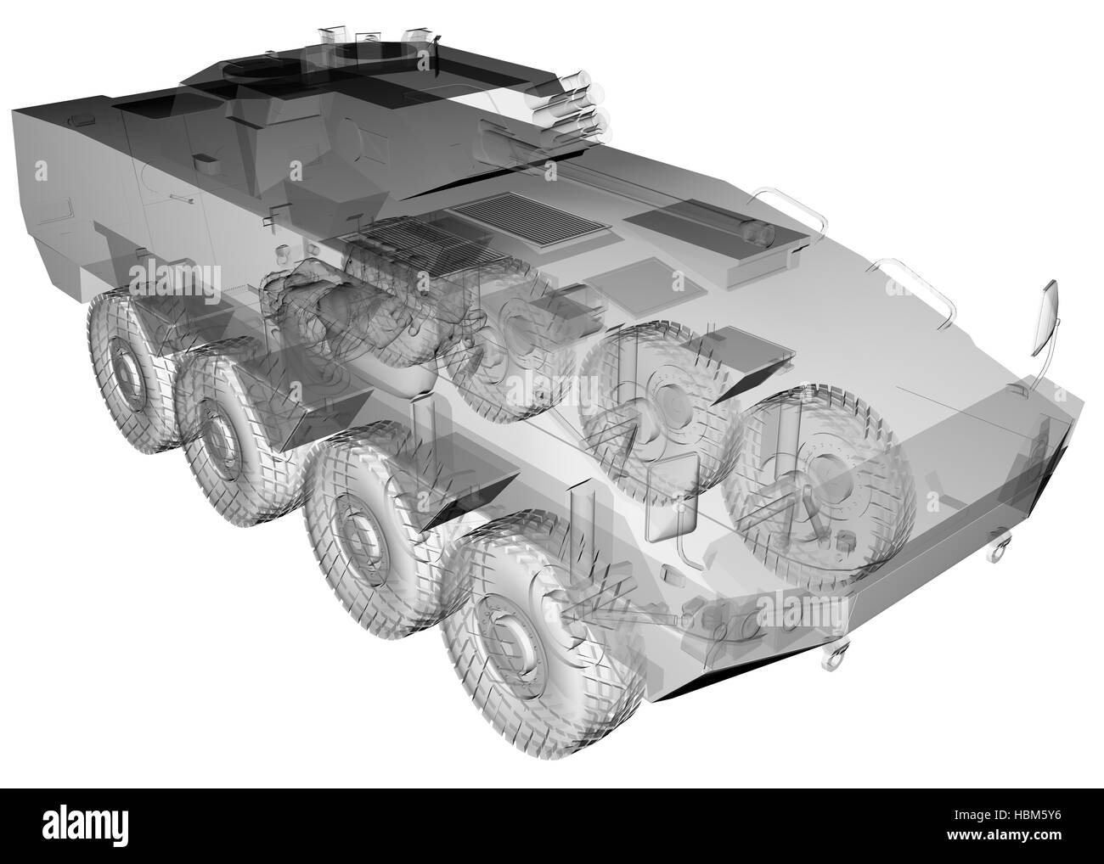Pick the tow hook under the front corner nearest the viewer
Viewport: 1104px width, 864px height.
pos(836,657)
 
